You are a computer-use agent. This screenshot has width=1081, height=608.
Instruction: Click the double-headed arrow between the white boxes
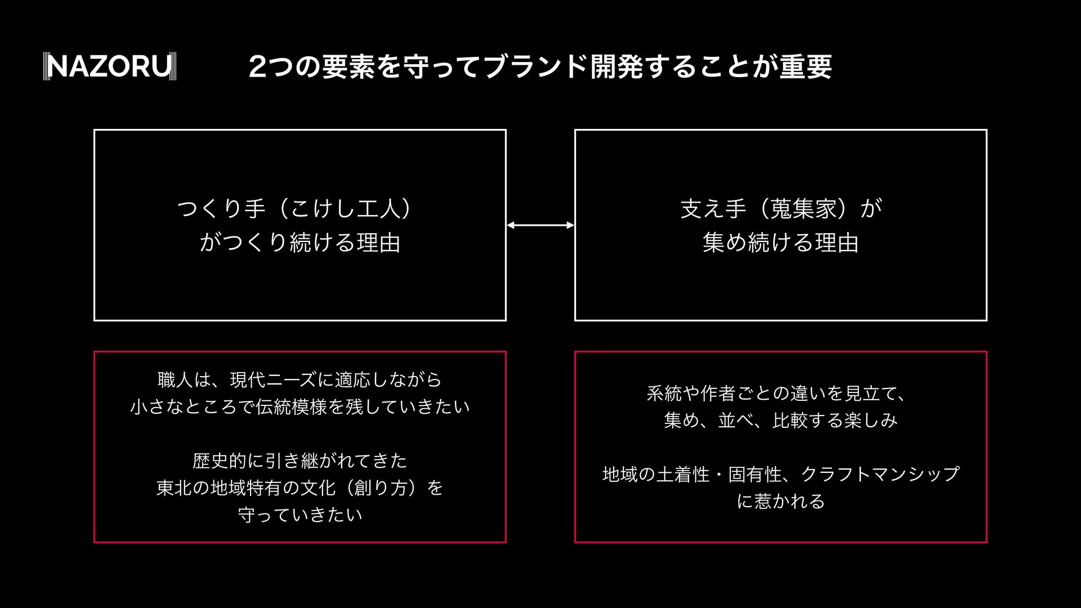click(x=540, y=225)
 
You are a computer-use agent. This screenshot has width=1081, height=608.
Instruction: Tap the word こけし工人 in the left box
click(x=344, y=209)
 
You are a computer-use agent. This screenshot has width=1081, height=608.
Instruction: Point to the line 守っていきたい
click(x=300, y=515)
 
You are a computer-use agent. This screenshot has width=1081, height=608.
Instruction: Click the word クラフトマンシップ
click(x=880, y=474)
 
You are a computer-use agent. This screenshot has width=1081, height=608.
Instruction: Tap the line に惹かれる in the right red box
click(x=781, y=501)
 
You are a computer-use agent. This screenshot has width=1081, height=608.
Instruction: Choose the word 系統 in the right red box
click(x=664, y=393)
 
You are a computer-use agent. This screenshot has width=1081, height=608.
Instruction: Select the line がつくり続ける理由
click(x=300, y=243)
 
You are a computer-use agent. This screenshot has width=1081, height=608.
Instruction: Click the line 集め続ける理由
click(x=781, y=243)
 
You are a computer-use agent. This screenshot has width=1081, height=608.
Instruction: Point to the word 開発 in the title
click(x=616, y=66)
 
